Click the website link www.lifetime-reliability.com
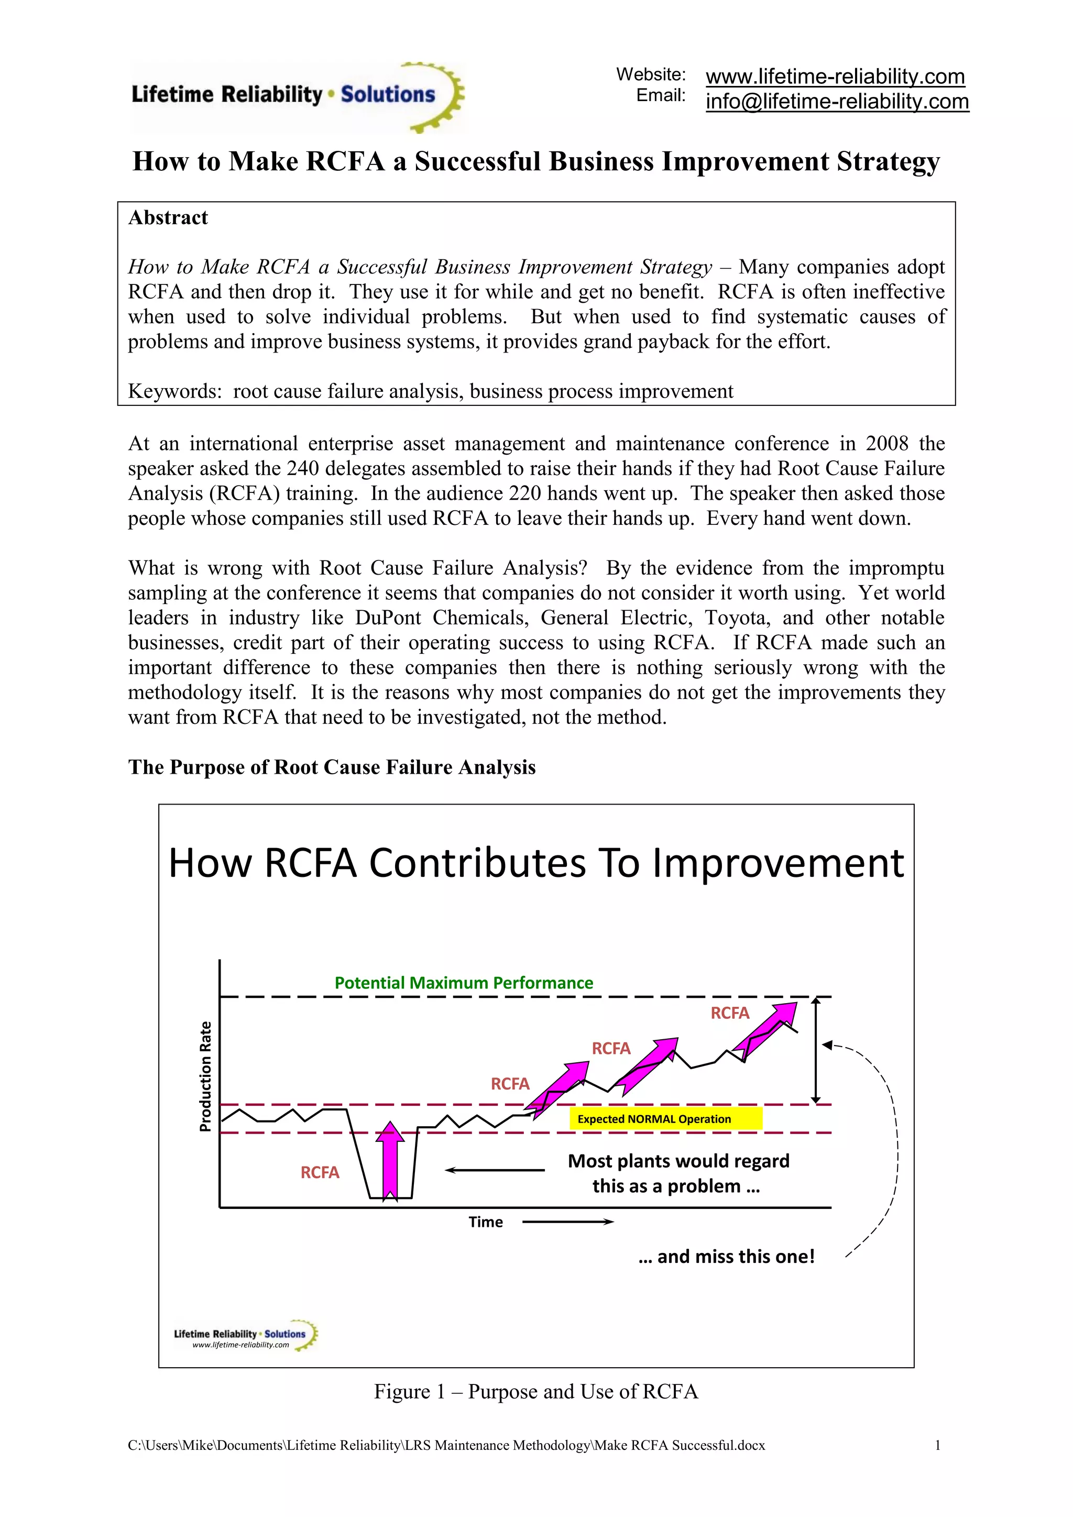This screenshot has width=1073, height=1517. click(835, 76)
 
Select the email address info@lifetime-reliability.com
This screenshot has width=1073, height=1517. click(837, 101)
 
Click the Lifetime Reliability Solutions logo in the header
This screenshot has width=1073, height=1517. click(297, 96)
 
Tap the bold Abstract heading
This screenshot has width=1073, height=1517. click(168, 218)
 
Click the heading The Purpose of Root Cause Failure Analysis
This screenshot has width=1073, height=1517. click(332, 767)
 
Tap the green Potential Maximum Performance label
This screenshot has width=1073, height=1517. click(463, 983)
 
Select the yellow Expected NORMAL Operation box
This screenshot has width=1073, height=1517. click(665, 1118)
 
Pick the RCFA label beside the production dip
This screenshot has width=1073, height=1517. click(320, 1172)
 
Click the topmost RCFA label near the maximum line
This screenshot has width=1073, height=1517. click(729, 1013)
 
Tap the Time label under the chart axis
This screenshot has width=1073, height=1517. click(486, 1222)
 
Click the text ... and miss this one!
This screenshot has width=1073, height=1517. click(726, 1256)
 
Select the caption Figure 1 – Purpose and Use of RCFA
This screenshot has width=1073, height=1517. click(536, 1391)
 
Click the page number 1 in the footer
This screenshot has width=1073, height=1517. click(937, 1445)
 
